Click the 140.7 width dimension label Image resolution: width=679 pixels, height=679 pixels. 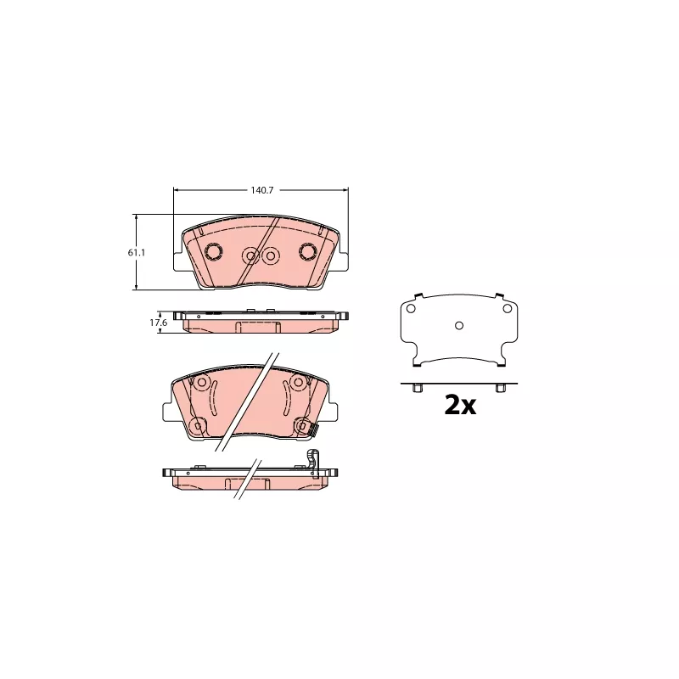[x=262, y=190]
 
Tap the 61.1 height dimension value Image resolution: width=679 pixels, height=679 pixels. [x=137, y=252]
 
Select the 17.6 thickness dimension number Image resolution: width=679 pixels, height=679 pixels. [x=159, y=323]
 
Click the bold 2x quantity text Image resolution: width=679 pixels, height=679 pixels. [x=460, y=406]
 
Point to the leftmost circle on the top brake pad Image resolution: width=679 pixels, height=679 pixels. [x=214, y=251]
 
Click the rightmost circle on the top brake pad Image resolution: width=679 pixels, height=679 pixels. [x=309, y=251]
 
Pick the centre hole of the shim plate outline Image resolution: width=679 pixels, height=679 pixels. [x=459, y=325]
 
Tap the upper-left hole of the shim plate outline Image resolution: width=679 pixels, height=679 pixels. [x=411, y=308]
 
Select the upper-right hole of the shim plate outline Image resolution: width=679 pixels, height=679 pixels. [x=507, y=308]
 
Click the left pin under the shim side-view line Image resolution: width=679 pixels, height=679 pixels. [x=418, y=388]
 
